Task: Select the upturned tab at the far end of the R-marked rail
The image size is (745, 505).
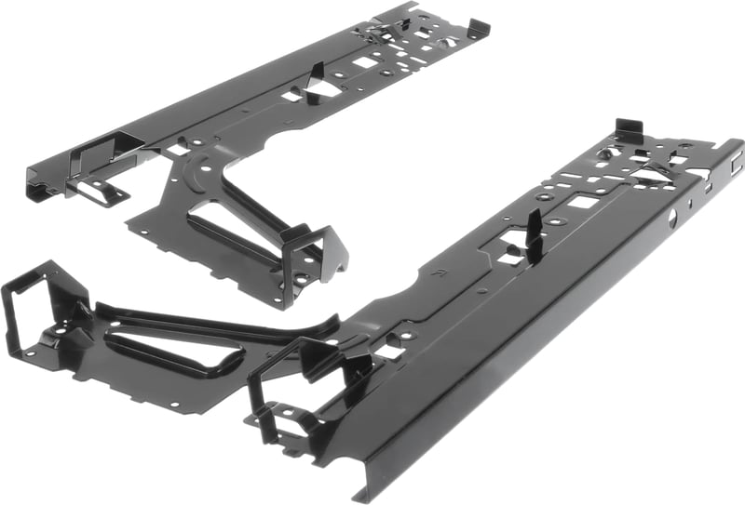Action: (x=629, y=130)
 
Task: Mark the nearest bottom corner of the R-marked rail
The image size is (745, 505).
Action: (x=359, y=493)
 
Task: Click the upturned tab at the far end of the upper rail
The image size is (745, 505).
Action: (x=476, y=28)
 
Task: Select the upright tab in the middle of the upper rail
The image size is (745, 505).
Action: (x=317, y=80)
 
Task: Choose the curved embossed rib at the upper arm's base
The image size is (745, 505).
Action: (x=200, y=168)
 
